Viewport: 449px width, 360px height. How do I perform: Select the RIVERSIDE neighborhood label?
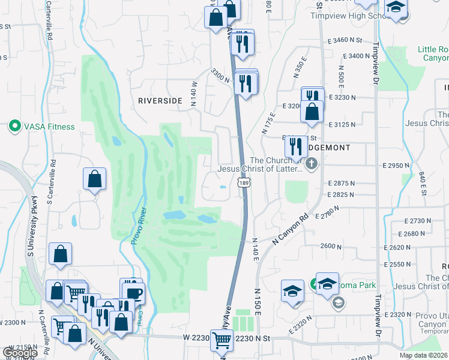click(x=160, y=101)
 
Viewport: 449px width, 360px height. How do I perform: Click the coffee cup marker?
click(x=133, y=293)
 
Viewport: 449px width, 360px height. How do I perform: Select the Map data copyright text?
click(x=423, y=355)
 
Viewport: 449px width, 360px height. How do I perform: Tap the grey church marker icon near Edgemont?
click(x=311, y=163)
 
